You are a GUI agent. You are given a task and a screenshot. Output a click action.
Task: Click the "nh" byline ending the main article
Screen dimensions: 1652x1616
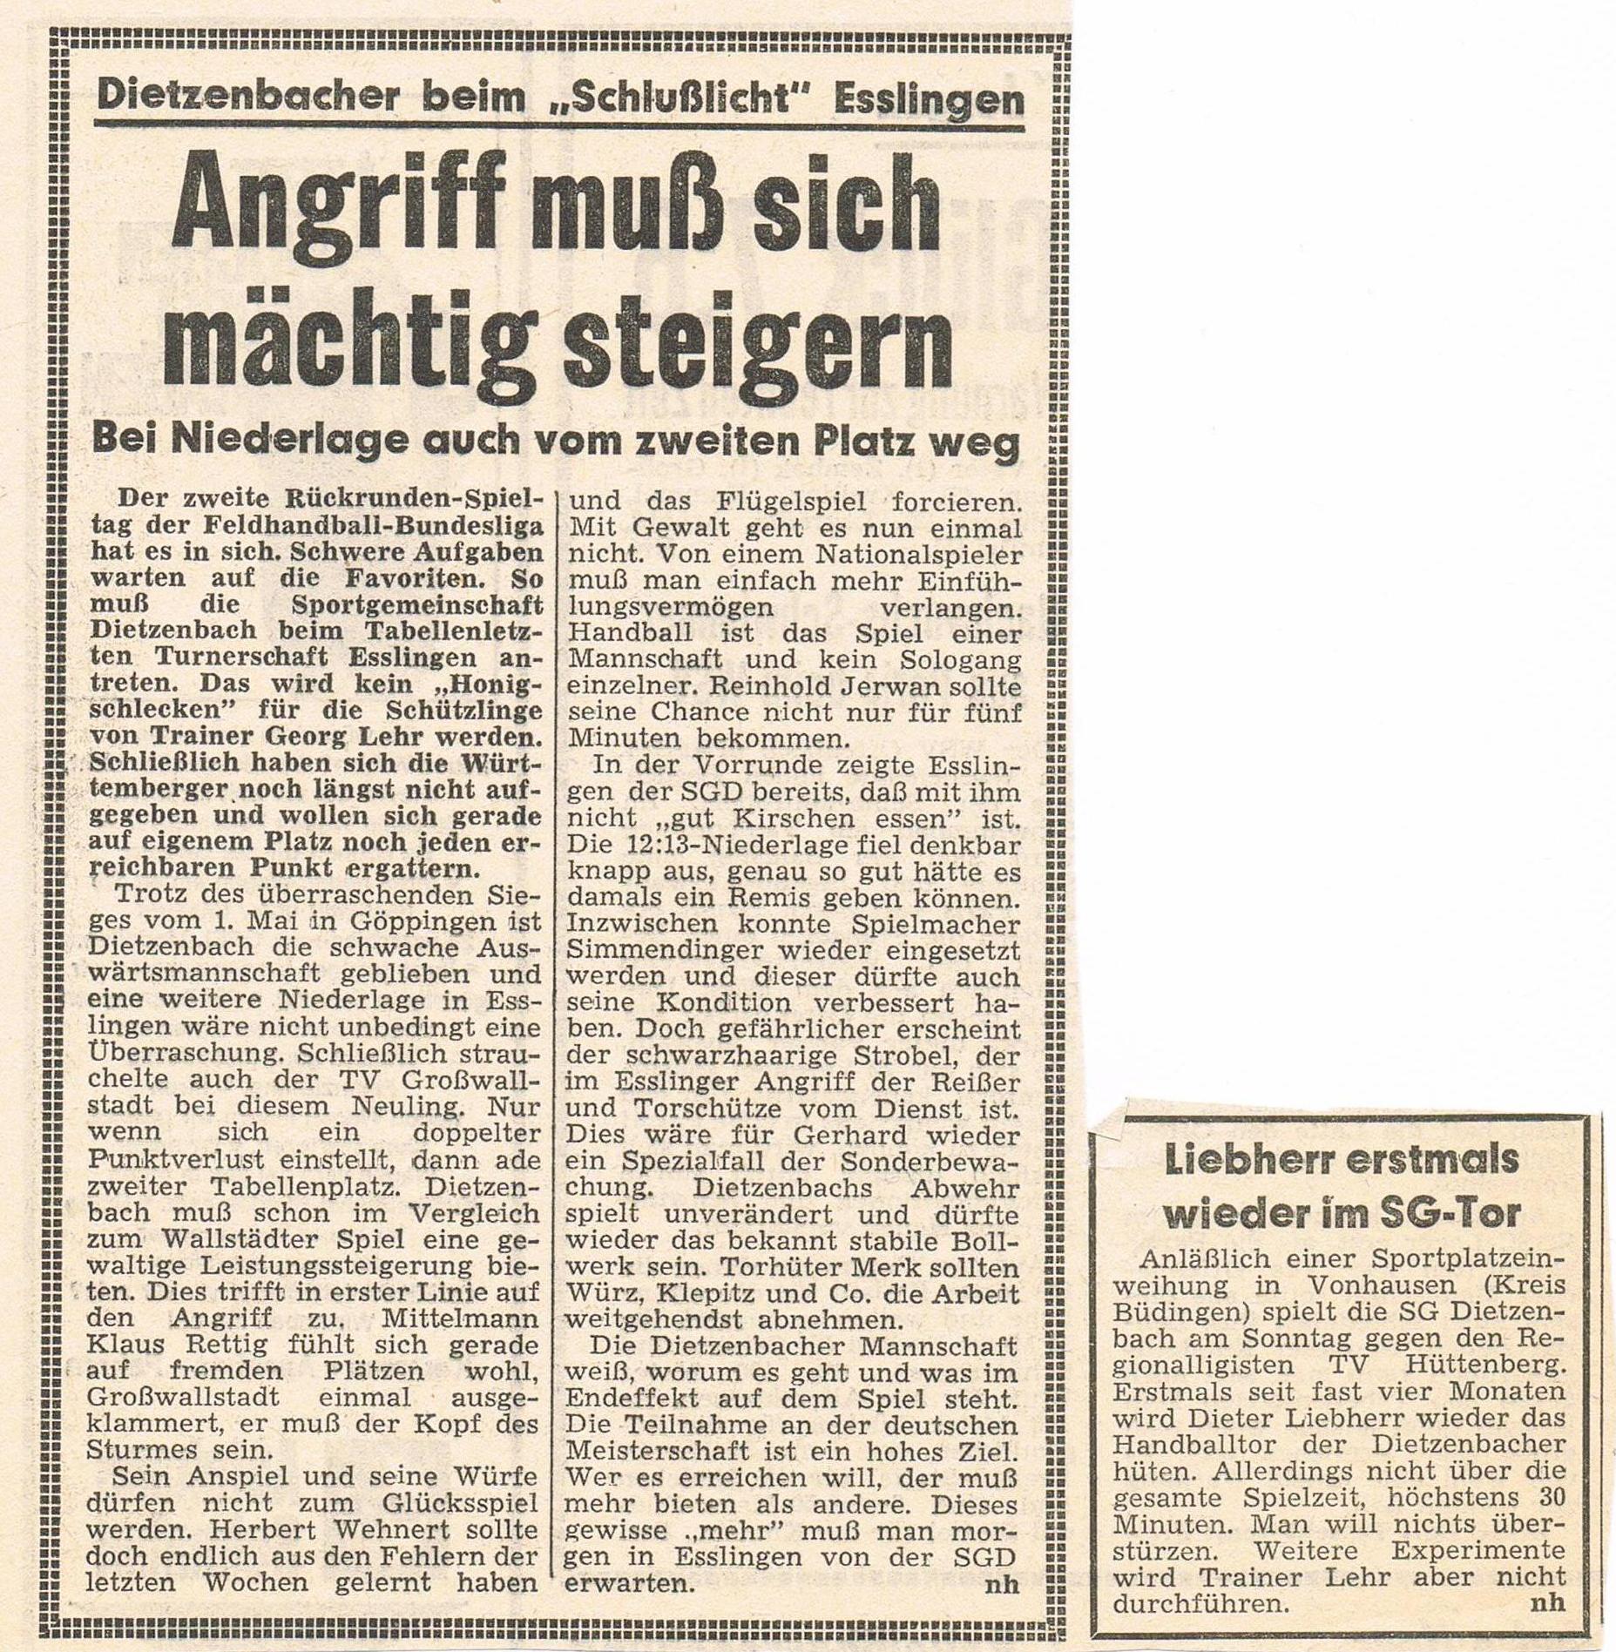click(1001, 1584)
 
